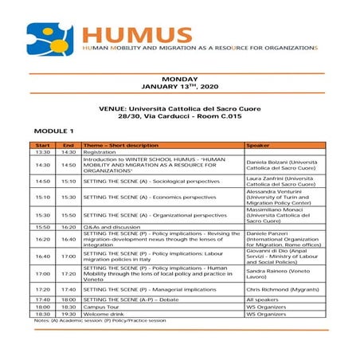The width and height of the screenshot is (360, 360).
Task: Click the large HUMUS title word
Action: (x=138, y=34)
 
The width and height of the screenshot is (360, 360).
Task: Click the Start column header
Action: (x=43, y=146)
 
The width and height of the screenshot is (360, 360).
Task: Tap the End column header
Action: (x=68, y=146)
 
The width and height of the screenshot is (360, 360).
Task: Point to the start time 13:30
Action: (x=43, y=152)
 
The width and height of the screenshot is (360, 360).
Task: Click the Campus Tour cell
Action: (x=102, y=306)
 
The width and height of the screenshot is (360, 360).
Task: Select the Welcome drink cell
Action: (x=104, y=314)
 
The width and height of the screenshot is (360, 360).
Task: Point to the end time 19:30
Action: (x=68, y=314)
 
